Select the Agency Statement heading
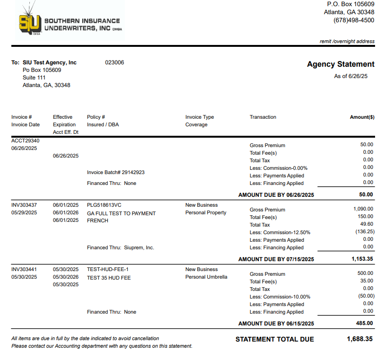tap(341, 64)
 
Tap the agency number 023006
tap(114, 62)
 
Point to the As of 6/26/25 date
tap(350, 76)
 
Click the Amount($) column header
tap(362, 117)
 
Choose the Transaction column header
tap(263, 117)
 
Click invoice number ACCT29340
tap(26, 140)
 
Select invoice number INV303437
tap(25, 205)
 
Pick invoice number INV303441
tap(25, 269)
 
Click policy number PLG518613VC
tap(104, 205)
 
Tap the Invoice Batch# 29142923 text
tap(116, 172)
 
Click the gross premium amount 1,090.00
tap(363, 209)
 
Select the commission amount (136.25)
tap(364, 232)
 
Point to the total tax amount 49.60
tap(367, 224)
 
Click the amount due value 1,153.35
tap(362, 259)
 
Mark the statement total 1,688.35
tap(359, 339)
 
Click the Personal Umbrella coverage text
tap(206, 277)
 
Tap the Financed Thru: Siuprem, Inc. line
tap(121, 247)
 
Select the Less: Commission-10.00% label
tap(280, 297)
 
